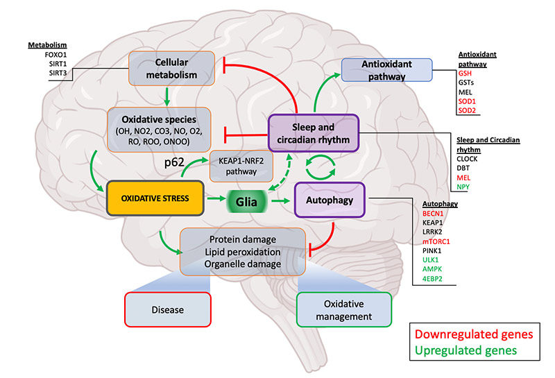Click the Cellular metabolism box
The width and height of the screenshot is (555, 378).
tap(162, 67)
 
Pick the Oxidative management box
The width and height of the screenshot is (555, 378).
tap(343, 310)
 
